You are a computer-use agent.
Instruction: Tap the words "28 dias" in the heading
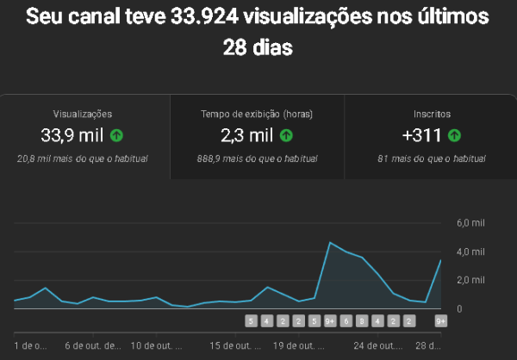[258, 47]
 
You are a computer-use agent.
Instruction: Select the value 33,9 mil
[72, 135]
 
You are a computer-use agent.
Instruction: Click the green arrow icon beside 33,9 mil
[115, 135]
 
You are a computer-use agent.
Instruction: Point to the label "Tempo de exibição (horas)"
[257, 114]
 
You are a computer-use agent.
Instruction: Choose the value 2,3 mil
[246, 135]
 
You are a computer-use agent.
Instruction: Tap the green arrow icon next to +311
[454, 135]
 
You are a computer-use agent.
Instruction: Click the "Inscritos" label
[432, 114]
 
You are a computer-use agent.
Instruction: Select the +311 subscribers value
[422, 135]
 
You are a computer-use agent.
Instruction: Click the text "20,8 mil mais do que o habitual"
[83, 158]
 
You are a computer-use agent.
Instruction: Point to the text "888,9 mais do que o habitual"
[257, 158]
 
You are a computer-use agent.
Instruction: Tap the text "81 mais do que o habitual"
[432, 158]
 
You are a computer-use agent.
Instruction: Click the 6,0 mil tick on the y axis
[470, 223]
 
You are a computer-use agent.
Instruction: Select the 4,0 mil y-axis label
[470, 251]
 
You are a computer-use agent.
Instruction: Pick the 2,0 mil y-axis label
[470, 280]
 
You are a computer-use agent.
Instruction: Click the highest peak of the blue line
[330, 243]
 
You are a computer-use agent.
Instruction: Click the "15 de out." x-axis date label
[235, 346]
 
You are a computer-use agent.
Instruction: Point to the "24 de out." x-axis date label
[377, 346]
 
